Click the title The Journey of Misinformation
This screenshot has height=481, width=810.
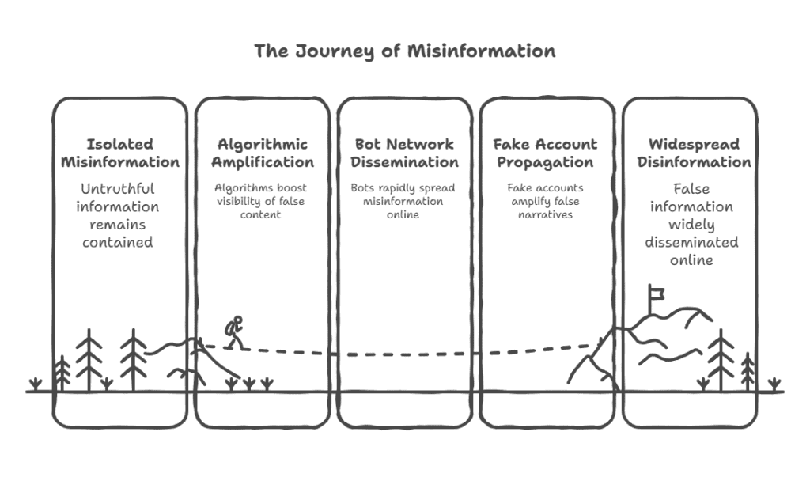404,51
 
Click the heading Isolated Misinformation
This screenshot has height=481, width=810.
120,153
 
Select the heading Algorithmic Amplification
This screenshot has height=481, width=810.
263,153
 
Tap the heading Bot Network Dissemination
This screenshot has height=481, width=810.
404,153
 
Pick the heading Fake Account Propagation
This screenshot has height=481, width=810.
547,153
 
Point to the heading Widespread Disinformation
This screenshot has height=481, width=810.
689,153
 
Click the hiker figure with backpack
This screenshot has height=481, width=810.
233,332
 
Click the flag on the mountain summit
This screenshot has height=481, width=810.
656,294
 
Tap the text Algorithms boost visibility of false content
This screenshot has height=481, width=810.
263,201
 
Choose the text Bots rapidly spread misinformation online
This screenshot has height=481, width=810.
404,201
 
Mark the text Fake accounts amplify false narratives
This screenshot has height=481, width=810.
547,201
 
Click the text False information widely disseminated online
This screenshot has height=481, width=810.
691,224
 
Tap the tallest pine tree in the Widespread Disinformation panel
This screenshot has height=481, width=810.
720,360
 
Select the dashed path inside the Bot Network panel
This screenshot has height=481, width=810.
404,354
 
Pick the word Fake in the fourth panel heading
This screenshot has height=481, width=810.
511,144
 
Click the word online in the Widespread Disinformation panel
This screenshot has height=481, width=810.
691,259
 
